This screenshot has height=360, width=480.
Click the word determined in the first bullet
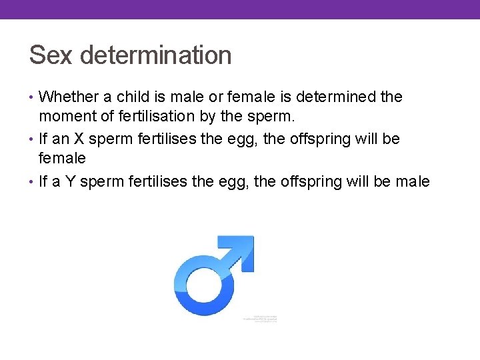point(338,97)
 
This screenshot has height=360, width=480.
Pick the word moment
point(65,117)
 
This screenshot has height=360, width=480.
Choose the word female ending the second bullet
point(63,159)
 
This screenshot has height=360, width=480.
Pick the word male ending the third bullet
point(413,181)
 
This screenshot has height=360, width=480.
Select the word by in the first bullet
point(208,117)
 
